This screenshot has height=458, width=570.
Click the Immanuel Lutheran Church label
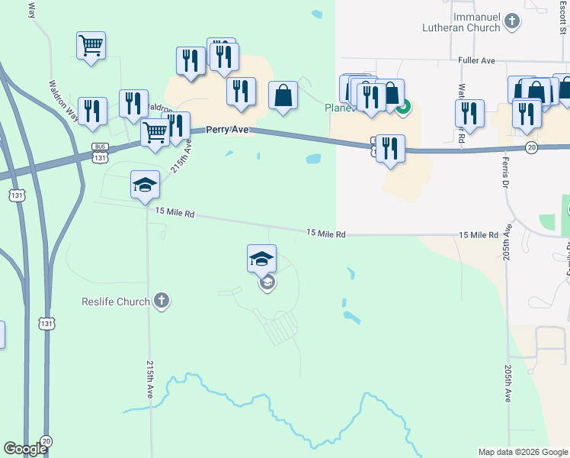point(462,22)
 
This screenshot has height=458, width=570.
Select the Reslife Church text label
point(116,302)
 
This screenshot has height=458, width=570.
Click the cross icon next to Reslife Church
point(161,301)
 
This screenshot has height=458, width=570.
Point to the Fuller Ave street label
point(478,60)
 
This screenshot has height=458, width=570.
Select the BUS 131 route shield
point(100,151)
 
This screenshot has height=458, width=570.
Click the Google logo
point(25,449)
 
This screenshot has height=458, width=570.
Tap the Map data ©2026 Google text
point(523,452)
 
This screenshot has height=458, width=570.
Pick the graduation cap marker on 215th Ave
point(145,184)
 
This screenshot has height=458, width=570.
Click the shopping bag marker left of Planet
point(283,95)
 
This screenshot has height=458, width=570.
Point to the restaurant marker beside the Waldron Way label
point(91,111)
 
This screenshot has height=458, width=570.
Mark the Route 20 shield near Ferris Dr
point(532,147)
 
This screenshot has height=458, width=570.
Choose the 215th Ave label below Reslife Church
point(149,379)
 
